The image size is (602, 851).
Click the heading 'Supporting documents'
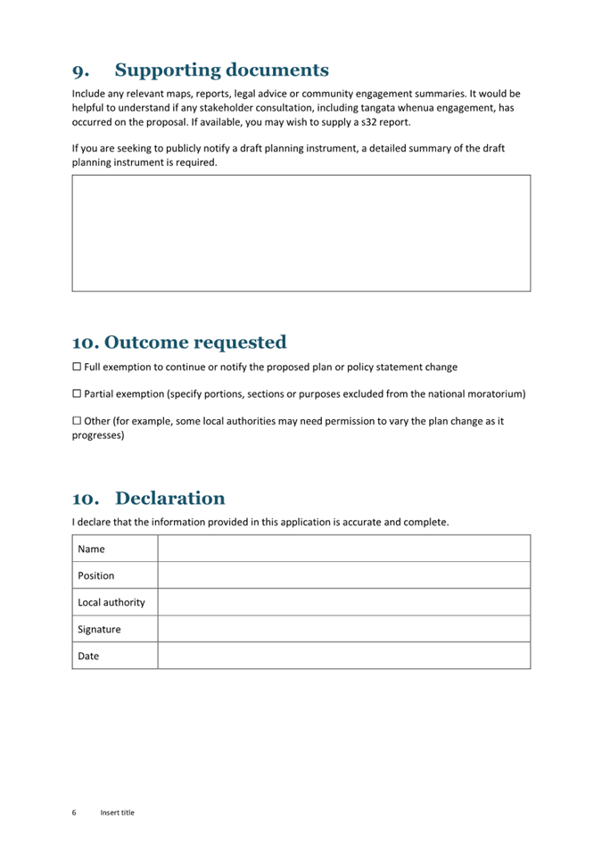point(221,70)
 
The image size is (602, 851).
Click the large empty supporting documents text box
point(301,233)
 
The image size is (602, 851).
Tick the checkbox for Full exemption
point(77,368)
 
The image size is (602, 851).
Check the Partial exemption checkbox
point(77,394)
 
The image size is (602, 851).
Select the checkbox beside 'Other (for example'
point(77,421)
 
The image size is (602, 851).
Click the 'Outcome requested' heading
point(179,343)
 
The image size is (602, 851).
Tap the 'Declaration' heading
point(169,499)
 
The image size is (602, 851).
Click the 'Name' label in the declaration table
point(92,549)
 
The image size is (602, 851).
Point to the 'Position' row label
point(96,576)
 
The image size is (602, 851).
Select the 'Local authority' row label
point(111,603)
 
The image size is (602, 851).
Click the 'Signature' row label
point(99,630)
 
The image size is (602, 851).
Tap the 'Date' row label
point(88,657)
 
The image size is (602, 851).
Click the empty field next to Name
point(343,549)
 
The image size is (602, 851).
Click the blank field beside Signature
point(343,629)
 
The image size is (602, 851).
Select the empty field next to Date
point(343,656)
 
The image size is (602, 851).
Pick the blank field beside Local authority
point(343,602)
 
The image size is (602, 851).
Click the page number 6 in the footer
point(75,813)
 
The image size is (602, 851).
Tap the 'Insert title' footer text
point(118,813)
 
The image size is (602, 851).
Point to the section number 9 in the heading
point(80,71)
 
